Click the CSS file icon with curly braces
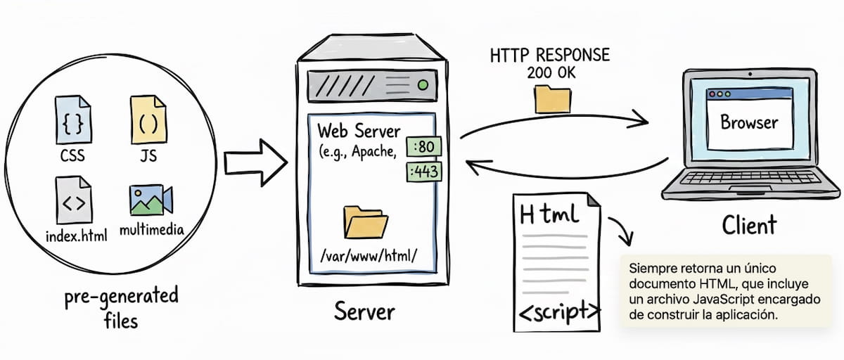73,120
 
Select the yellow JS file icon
148,120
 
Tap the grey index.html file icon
73,200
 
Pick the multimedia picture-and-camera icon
151,200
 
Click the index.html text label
77,236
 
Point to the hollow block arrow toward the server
256,162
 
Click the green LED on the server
423,85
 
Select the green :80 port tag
424,146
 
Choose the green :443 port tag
424,172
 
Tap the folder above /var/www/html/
366,222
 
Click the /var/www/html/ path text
369,256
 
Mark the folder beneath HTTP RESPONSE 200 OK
552,99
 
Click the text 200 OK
551,72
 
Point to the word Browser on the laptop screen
749,122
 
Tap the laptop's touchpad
749,189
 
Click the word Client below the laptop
749,225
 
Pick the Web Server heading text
359,131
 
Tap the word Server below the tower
364,311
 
